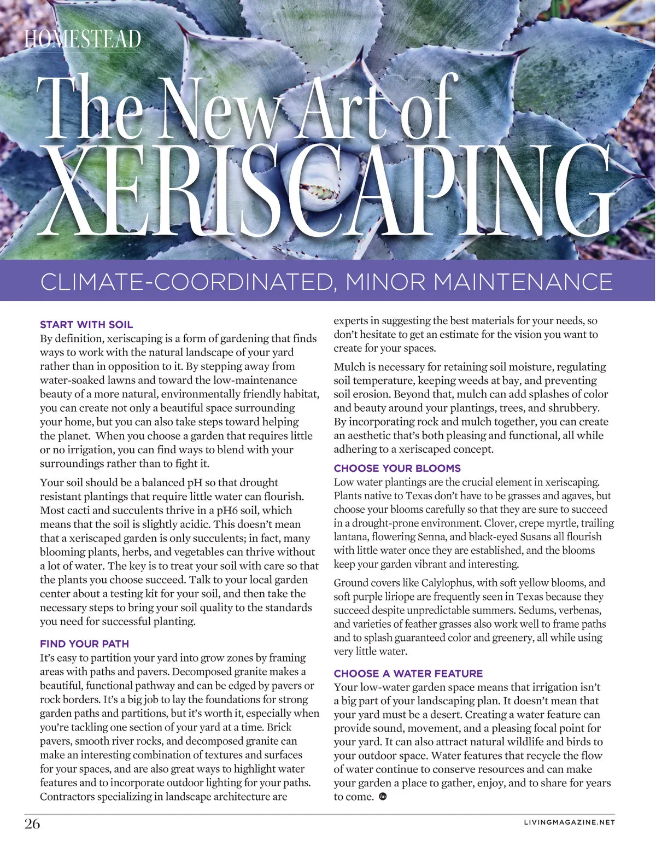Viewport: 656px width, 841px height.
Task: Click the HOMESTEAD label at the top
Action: [83, 39]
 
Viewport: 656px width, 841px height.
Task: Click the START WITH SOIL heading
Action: [86, 324]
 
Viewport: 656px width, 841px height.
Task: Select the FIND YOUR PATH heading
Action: [84, 644]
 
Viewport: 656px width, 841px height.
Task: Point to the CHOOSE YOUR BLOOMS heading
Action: [397, 468]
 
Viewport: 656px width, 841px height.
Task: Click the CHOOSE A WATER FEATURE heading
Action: [408, 673]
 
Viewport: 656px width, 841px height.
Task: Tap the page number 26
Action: [32, 824]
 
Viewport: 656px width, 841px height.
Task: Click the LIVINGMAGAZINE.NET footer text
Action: [569, 822]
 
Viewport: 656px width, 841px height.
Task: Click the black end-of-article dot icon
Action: [383, 796]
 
